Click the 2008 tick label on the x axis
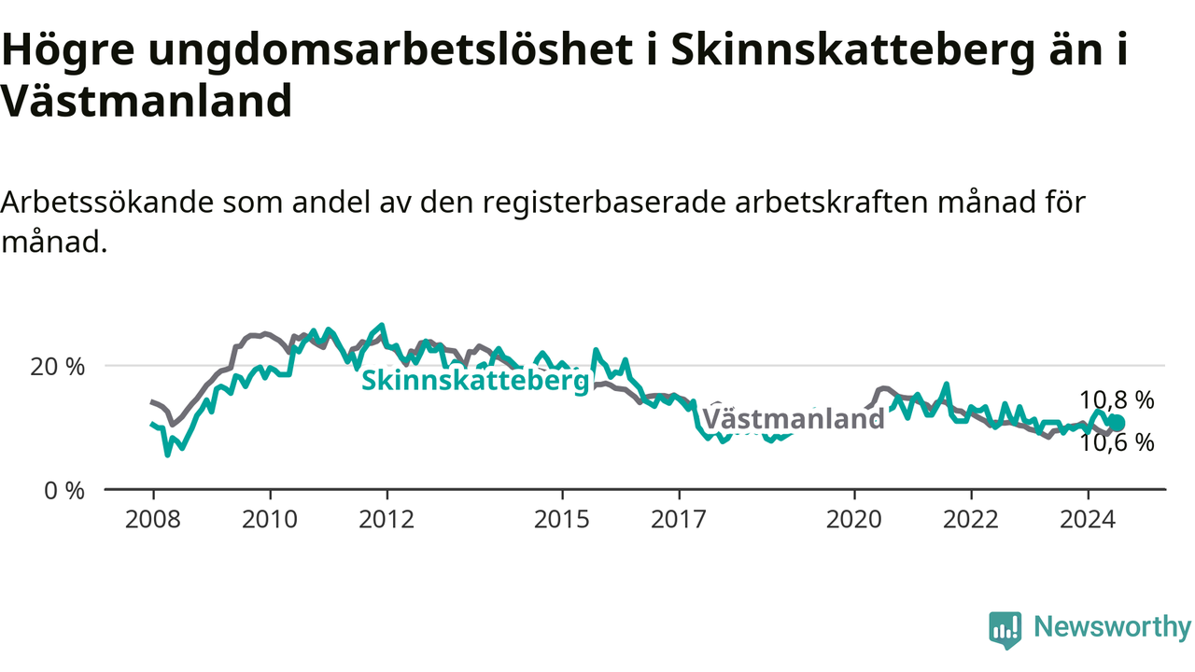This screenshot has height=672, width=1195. [152, 520]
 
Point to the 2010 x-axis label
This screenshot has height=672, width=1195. [270, 520]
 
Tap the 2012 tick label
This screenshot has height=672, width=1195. [387, 520]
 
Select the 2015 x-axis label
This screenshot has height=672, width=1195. [562, 520]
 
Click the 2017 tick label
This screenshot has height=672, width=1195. [679, 520]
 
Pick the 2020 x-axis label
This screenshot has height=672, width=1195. [854, 520]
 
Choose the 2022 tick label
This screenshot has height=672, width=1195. [971, 520]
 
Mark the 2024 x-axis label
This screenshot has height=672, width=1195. [1088, 520]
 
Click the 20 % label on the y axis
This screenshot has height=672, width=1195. [58, 367]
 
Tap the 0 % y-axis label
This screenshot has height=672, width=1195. [64, 491]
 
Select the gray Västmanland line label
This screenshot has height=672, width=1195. [794, 419]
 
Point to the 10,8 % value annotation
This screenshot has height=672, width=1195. [1118, 400]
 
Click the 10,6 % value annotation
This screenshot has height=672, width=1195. [1118, 442]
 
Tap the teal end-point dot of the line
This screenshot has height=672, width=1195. [1118, 423]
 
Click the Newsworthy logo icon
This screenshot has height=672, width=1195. [1005, 630]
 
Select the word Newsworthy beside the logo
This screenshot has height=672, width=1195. [1113, 626]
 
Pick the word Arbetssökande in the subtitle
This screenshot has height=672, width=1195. [107, 203]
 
